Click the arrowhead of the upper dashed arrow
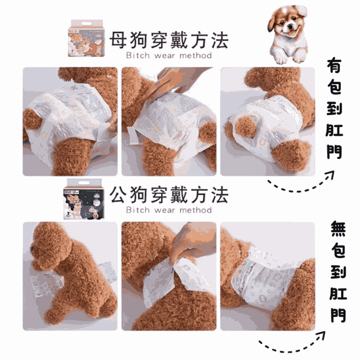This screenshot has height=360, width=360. (x=329, y=176)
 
